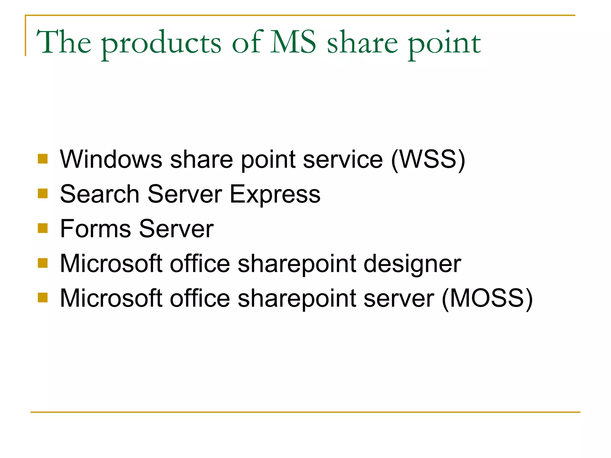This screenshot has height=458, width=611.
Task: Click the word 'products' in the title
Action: (161, 43)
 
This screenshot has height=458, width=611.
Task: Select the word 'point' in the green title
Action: (444, 43)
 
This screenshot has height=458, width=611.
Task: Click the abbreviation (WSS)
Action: (428, 160)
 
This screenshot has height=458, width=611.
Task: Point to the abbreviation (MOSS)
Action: (487, 298)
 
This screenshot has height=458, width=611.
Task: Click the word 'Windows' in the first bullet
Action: (111, 160)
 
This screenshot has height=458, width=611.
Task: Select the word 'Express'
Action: (275, 194)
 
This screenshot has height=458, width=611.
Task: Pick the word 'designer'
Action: (412, 264)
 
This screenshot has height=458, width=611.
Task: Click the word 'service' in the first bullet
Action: (343, 160)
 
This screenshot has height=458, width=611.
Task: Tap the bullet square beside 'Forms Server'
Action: (43, 228)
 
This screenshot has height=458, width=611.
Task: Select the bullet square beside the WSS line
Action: (43, 159)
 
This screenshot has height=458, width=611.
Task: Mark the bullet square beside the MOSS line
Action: (43, 297)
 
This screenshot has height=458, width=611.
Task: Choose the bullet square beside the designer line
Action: (43, 263)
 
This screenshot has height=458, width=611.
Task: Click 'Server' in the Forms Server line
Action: (176, 229)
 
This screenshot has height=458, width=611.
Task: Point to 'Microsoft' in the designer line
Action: (111, 264)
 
